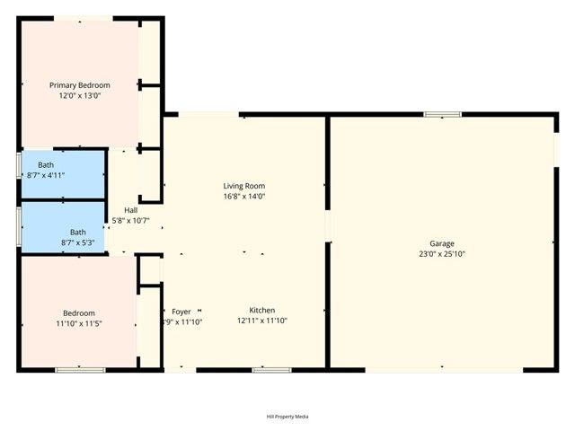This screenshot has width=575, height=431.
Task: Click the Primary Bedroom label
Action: click(x=79, y=85)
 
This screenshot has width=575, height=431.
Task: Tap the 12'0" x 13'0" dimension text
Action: click(x=79, y=95)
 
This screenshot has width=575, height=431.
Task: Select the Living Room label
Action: click(x=244, y=186)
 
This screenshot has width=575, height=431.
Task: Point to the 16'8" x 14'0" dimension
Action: click(x=244, y=196)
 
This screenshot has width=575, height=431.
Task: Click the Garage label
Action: click(x=441, y=243)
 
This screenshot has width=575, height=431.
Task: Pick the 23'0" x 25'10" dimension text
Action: click(x=441, y=253)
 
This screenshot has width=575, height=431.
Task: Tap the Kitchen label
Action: click(x=262, y=310)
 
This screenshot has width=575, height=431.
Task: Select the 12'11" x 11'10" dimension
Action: click(x=262, y=321)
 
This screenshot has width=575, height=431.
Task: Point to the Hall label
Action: click(x=131, y=210)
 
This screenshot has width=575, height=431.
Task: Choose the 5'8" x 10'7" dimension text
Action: click(x=130, y=220)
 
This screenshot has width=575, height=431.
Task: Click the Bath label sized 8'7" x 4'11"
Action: click(x=46, y=165)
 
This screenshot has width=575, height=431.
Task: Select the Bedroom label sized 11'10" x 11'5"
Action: click(x=79, y=312)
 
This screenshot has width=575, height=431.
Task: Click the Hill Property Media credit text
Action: click(x=287, y=417)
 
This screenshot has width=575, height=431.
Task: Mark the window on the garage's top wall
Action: click(x=443, y=114)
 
